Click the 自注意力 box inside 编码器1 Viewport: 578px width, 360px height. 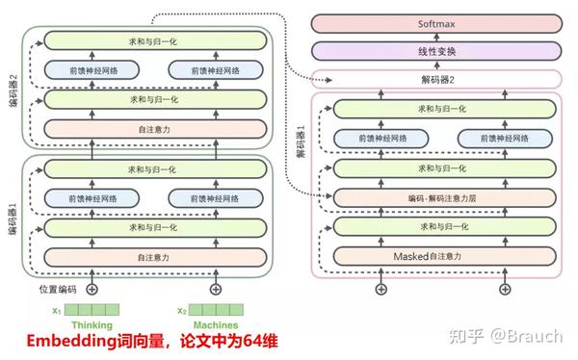click(154, 256)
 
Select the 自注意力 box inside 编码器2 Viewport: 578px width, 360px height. click(154, 127)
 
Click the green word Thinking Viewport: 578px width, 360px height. click(92, 325)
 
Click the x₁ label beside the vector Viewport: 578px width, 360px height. click(57, 310)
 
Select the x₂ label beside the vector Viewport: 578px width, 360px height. click(181, 310)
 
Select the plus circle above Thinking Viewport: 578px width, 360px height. click(92, 288)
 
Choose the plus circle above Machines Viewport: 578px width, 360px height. click(216, 288)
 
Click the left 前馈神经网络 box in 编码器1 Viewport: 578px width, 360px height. click(92, 197)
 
